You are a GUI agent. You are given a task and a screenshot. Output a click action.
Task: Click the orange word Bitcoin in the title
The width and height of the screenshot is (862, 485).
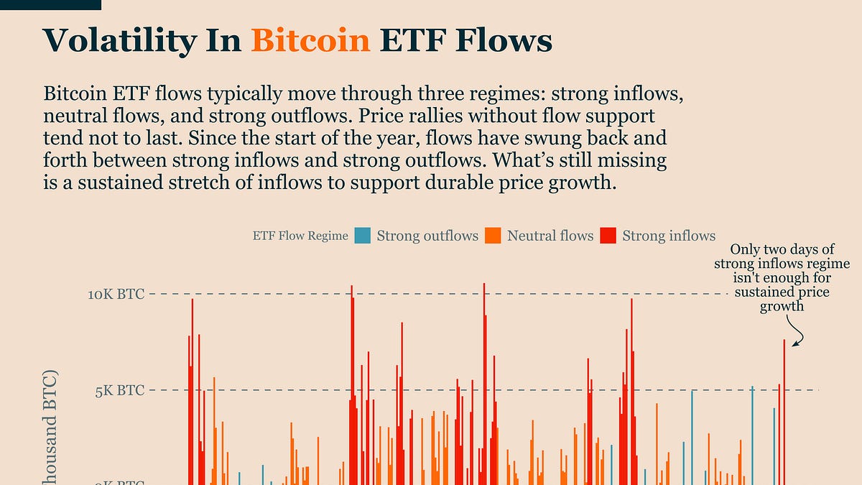click(x=310, y=41)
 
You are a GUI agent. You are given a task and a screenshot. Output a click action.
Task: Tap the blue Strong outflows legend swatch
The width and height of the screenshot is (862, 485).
click(x=363, y=236)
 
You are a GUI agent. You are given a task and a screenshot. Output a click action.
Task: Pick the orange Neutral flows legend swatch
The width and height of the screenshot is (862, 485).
click(x=493, y=236)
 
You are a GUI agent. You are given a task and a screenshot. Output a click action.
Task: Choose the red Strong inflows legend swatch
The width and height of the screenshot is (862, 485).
click(x=608, y=236)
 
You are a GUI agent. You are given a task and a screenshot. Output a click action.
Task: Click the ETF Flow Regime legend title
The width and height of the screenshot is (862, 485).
click(x=300, y=236)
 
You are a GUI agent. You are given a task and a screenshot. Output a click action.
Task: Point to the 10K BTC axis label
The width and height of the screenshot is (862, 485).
click(x=116, y=294)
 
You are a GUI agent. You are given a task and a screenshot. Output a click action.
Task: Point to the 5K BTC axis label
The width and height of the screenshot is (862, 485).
click(x=120, y=391)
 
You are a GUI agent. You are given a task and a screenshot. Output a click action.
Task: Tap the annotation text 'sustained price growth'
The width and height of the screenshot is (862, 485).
click(x=782, y=299)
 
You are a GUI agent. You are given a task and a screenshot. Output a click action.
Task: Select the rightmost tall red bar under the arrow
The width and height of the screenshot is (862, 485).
click(x=784, y=410)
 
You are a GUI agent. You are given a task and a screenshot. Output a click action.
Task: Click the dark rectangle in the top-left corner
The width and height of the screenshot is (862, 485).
click(x=50, y=4)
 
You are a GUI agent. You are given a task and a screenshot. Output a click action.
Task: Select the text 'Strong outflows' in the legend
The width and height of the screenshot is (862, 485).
click(x=427, y=236)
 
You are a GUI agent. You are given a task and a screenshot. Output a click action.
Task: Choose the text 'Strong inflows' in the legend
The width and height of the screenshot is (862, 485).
click(x=669, y=236)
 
